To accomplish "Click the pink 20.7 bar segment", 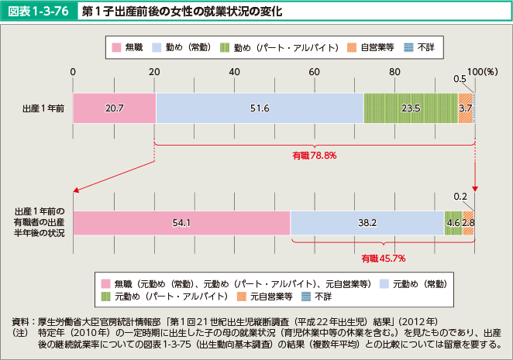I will (x=114, y=108).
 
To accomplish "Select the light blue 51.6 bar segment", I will (x=260, y=108).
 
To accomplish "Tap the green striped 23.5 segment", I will (x=411, y=108).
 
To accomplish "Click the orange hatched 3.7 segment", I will (x=465, y=108).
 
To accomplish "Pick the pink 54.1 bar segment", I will (x=182, y=223).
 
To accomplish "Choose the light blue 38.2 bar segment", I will (x=367, y=223).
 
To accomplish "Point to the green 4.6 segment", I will (x=453, y=223).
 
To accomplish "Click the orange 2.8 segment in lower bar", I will (x=467, y=223).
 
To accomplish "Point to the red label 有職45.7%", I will (x=384, y=257).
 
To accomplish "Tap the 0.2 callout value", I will (x=460, y=196).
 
